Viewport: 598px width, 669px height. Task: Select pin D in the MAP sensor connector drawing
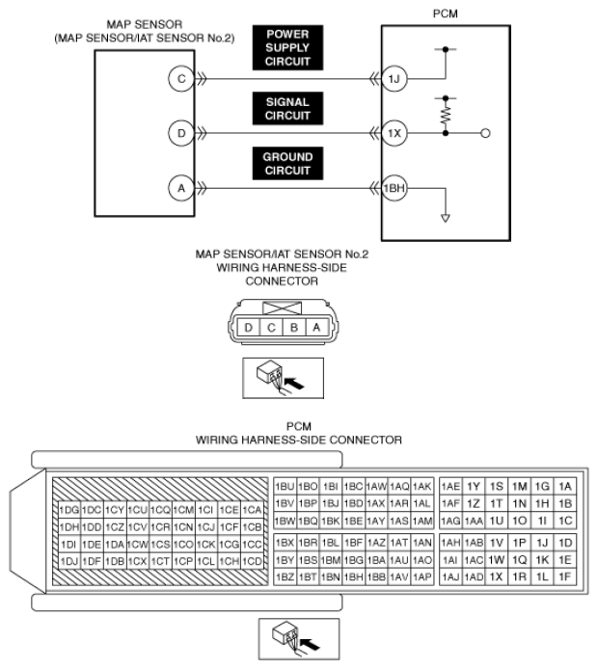point(249,328)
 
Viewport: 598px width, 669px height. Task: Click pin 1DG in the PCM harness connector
point(68,509)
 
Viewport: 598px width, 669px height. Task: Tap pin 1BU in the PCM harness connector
point(285,486)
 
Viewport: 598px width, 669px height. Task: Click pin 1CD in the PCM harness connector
point(253,560)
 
